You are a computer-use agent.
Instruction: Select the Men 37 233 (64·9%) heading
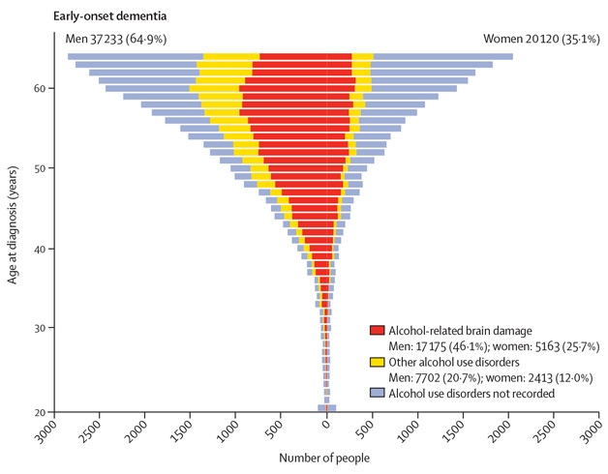[96, 39]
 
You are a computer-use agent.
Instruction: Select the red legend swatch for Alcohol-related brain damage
[378, 331]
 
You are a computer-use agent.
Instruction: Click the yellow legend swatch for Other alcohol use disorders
[378, 363]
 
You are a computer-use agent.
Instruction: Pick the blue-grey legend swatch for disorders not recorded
[378, 395]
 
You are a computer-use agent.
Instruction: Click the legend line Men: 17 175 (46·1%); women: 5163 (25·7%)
[486, 346]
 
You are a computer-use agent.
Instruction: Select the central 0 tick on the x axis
[326, 426]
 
